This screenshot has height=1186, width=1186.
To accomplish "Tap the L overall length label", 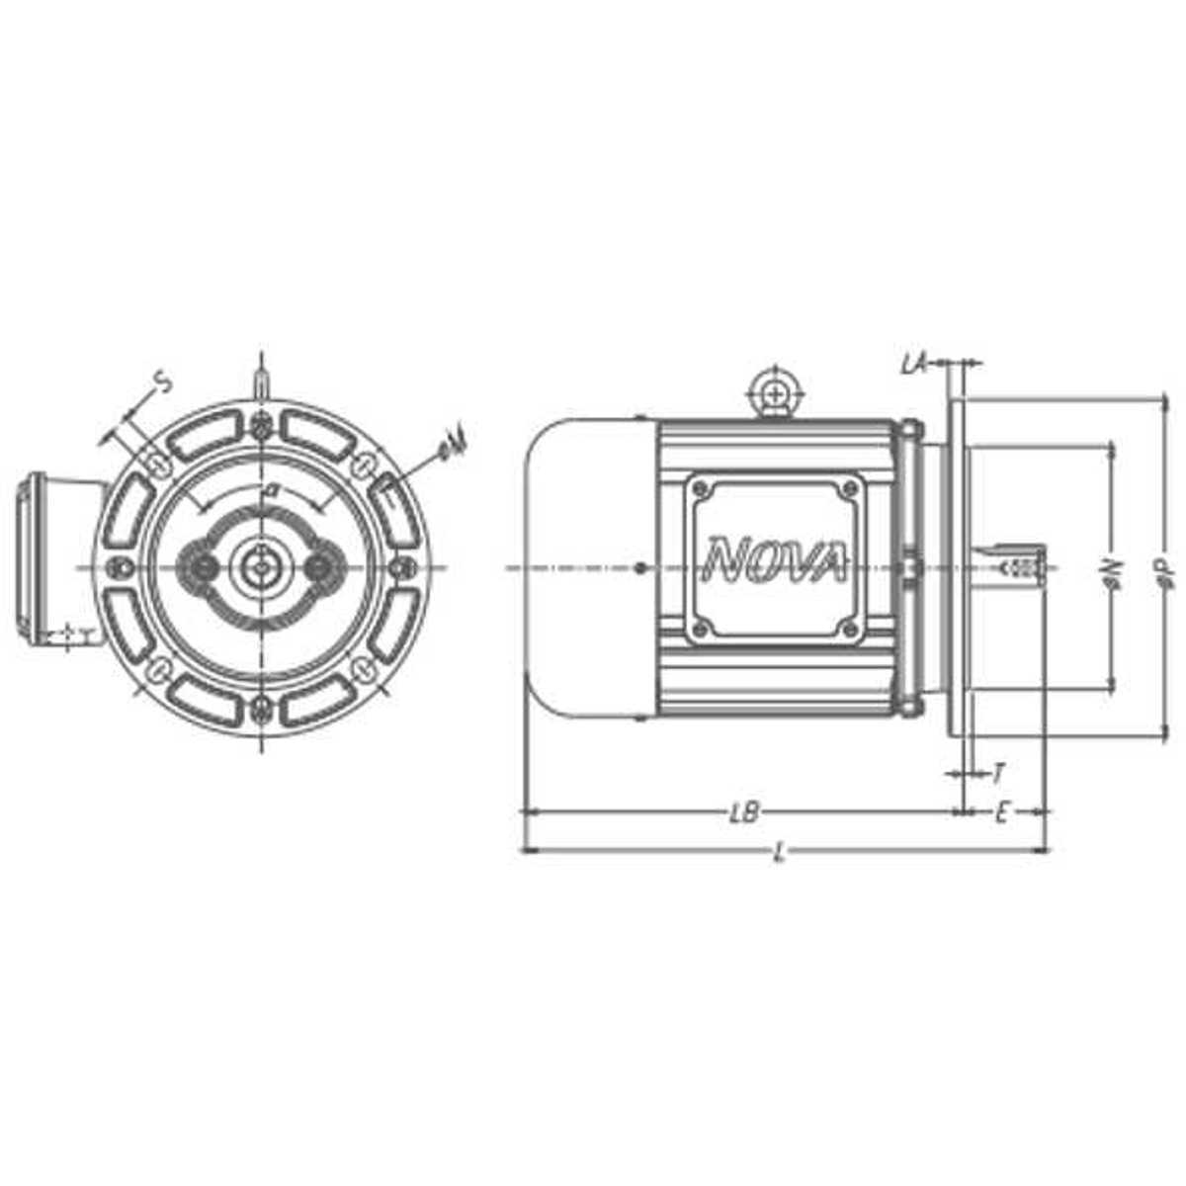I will [x=780, y=854].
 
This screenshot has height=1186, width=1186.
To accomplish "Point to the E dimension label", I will [x=1001, y=812].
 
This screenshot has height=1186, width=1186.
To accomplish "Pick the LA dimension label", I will [x=912, y=365].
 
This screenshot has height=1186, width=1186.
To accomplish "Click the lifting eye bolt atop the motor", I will [x=778, y=394].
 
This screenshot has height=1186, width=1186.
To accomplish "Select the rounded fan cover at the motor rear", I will [x=583, y=567].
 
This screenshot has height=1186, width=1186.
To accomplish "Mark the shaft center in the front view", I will [x=260, y=567].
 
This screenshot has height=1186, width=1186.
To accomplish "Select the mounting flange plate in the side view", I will [x=955, y=567].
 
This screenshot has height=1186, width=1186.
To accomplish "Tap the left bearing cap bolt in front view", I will [x=205, y=567].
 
